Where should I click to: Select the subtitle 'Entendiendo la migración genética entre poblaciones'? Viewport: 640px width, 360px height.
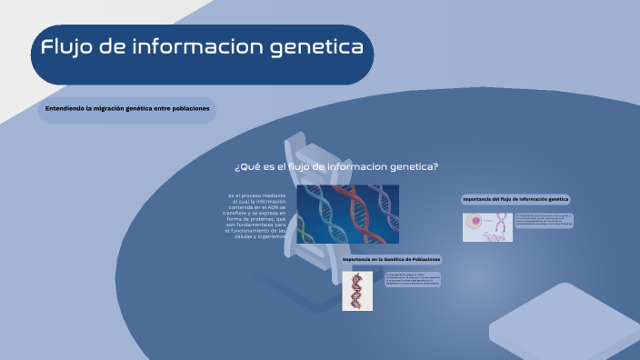click(x=127, y=109)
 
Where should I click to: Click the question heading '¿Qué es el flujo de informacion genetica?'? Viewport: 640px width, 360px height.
click(x=336, y=166)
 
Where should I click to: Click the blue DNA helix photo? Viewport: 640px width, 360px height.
click(x=347, y=214)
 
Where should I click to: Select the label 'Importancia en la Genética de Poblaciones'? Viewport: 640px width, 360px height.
click(x=391, y=259)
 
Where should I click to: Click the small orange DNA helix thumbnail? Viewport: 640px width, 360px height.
click(x=357, y=291)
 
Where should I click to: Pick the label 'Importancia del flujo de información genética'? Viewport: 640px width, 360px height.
click(x=515, y=198)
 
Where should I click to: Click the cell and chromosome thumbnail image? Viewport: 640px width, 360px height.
click(x=487, y=227)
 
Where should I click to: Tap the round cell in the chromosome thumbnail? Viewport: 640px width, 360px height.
click(x=475, y=222)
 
